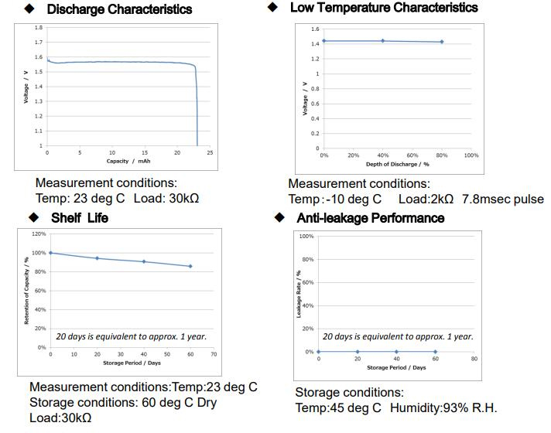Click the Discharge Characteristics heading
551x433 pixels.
119,10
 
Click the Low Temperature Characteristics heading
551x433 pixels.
384,8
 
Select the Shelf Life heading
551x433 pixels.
80,218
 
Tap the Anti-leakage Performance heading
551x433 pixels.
370,218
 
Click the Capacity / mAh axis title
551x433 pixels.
128,161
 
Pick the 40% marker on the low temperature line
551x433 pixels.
382,40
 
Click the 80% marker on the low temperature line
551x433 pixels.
442,42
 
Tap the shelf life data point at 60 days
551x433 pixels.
190,266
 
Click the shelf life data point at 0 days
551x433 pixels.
50,253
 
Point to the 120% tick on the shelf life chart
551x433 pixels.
39,234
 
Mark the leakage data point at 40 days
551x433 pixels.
395,352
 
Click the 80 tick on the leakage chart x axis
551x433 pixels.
474,360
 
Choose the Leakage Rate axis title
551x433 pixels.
298,295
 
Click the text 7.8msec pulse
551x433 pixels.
503,199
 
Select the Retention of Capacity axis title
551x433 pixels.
28,291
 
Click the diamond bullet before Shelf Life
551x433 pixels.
33,218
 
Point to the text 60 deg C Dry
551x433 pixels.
180,403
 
